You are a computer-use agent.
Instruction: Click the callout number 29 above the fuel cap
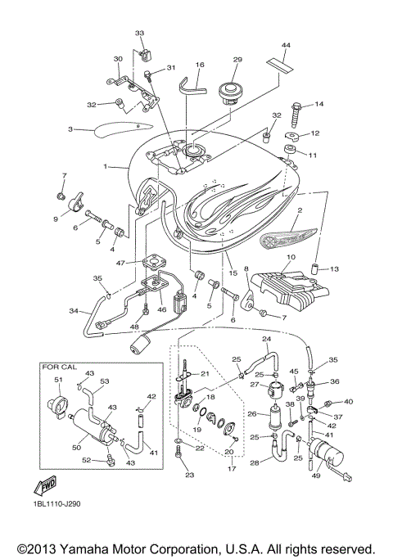coord(238,61)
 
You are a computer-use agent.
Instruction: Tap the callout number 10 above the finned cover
coord(287,256)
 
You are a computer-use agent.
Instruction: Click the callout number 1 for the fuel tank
coord(105,166)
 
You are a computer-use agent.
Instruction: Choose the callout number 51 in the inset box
coord(58,381)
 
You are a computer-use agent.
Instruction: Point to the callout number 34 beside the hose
coord(73,311)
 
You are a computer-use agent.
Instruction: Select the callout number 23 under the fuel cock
coord(189,475)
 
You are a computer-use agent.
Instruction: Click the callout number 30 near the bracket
coord(118,59)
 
